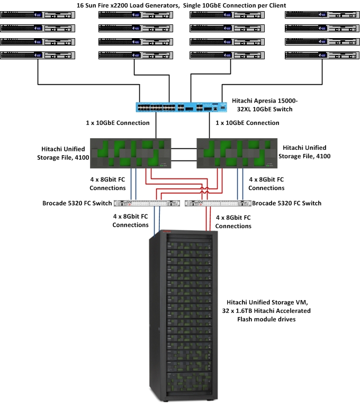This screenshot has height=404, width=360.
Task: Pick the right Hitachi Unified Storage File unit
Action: (237, 154)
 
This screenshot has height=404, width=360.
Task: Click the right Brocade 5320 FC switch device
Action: (218, 203)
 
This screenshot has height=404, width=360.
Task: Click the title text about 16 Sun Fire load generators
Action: (182, 5)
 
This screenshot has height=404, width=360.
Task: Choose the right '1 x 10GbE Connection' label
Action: (247, 123)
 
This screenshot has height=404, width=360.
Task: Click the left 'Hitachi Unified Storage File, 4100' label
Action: (61, 152)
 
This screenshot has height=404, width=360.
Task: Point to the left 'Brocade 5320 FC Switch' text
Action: (78, 203)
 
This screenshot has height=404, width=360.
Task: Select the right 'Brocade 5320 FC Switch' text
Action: (286, 203)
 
